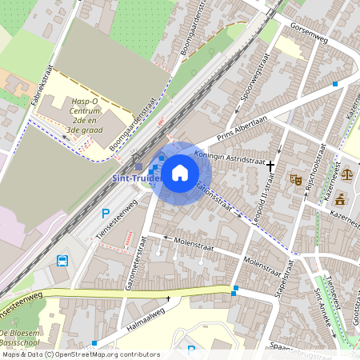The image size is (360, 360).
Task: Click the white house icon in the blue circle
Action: tap(180, 172)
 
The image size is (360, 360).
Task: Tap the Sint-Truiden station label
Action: tap(135, 178)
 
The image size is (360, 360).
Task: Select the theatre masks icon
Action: tap(296, 180)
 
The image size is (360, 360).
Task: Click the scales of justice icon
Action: tap(346, 173)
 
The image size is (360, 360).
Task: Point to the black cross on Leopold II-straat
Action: tap(271, 165)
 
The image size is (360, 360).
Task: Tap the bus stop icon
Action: tap(62, 260)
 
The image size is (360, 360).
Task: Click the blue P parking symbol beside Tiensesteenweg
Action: tap(106, 214)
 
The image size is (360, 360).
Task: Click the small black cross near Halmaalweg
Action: tap(168, 298)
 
